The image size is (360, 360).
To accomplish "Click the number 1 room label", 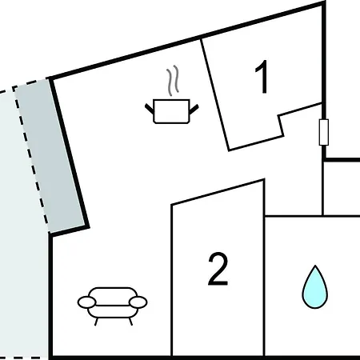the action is click(x=262, y=77).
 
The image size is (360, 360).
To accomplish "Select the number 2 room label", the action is click(x=218, y=269).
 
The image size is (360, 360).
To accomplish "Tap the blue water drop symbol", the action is click(x=315, y=287).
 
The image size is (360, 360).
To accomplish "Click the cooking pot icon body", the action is click(x=171, y=111).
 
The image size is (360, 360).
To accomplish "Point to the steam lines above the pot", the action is click(x=173, y=81).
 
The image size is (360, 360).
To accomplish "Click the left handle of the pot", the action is click(x=150, y=109).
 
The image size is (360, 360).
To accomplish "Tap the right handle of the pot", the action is click(x=194, y=109).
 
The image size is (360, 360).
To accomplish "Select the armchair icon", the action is click(x=112, y=306).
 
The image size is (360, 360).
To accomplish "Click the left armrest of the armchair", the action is click(x=86, y=302).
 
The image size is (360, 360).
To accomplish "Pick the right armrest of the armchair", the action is click(x=138, y=302).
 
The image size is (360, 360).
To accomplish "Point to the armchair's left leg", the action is click(x=96, y=322).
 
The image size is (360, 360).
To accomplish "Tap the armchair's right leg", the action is click(x=130, y=322).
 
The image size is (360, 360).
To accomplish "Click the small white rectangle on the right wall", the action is click(x=324, y=132).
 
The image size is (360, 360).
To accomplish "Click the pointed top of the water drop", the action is click(x=315, y=266).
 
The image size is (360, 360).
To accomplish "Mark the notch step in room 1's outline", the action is click(x=282, y=126).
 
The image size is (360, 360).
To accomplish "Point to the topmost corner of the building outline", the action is click(x=324, y=2).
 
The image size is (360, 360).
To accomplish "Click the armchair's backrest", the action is click(x=113, y=296).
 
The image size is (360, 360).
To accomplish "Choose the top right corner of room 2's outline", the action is click(x=264, y=180).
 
